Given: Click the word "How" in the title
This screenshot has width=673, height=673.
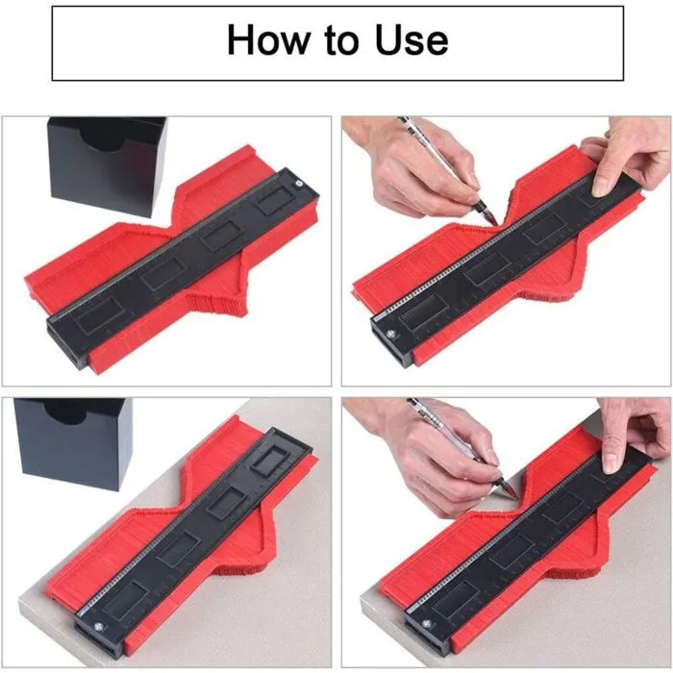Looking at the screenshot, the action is [x=268, y=39].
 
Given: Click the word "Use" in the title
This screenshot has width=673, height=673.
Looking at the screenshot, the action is [x=411, y=39].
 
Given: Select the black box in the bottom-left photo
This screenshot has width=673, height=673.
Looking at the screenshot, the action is [x=72, y=442].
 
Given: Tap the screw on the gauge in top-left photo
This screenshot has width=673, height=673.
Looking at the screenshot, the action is [x=298, y=184].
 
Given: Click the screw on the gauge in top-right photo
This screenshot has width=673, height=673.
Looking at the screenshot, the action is [x=390, y=333].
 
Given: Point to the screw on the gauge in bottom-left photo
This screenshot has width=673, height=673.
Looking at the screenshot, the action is [x=99, y=627].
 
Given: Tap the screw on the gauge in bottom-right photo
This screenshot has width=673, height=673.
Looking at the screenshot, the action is [x=427, y=624].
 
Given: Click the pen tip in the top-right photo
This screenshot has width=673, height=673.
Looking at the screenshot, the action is [x=496, y=223].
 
